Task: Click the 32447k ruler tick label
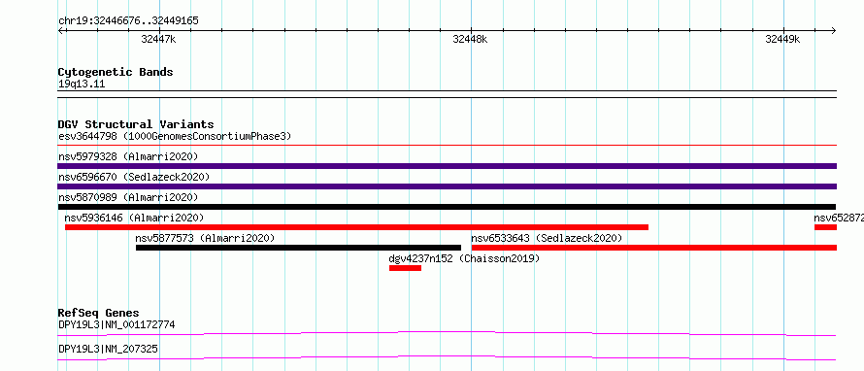click(158, 39)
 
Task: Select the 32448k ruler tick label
click(470, 39)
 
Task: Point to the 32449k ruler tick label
click(782, 39)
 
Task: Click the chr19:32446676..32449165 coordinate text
click(128, 21)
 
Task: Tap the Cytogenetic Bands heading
click(116, 72)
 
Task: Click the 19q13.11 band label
click(82, 84)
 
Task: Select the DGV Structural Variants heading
click(136, 124)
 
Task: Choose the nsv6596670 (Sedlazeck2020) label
click(134, 177)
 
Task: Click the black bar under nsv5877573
click(298, 248)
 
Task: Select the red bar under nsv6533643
click(654, 248)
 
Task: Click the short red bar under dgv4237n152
click(405, 268)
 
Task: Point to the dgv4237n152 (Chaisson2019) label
click(464, 258)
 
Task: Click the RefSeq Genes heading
click(98, 313)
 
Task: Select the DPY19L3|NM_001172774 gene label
click(116, 325)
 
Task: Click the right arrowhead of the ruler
click(834, 30)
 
